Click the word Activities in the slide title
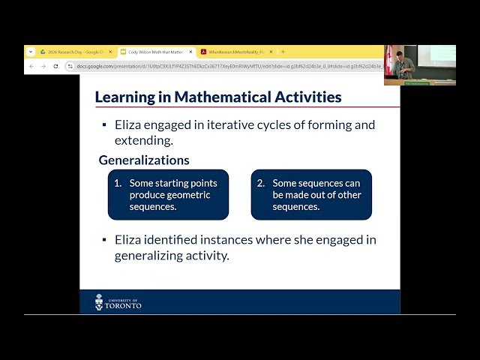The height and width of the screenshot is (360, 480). (x=305, y=97)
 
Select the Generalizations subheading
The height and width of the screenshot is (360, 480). (x=144, y=160)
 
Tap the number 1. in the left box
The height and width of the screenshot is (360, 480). (x=118, y=183)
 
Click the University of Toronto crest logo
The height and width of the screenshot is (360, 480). (x=99, y=302)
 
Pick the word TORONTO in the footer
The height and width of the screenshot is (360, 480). (x=124, y=306)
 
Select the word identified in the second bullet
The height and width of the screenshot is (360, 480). (x=175, y=240)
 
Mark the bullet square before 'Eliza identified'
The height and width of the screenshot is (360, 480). (x=104, y=240)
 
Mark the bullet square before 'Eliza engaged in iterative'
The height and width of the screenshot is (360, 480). (x=104, y=125)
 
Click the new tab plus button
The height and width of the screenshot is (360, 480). (x=283, y=52)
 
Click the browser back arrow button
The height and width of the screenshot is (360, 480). (x=31, y=66)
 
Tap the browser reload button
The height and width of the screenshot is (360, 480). (x=55, y=66)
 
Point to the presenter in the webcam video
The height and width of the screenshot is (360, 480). (x=405, y=64)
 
